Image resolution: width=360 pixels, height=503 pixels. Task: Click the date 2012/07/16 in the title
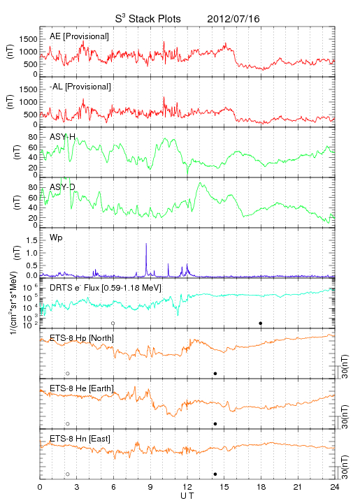tap(233, 19)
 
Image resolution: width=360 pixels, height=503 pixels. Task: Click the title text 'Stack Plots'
tap(154, 19)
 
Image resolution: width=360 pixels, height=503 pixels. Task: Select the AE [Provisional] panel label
tap(79, 36)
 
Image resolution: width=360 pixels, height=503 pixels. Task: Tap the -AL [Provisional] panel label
tap(80, 87)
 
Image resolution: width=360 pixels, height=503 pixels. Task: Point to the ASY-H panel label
tap(63, 137)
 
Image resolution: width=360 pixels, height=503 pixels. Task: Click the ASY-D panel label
tap(63, 187)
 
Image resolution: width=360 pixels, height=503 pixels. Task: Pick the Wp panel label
tap(56, 238)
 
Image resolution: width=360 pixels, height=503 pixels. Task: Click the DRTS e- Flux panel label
tap(106, 288)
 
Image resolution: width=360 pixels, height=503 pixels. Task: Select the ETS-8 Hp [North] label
tap(82, 338)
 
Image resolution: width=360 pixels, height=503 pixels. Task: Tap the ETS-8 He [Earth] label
tap(82, 388)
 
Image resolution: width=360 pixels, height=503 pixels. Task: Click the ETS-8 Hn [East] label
tap(80, 439)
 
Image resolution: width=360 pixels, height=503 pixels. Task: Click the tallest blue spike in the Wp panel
tap(146, 244)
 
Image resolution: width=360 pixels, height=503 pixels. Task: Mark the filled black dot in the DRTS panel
tap(261, 323)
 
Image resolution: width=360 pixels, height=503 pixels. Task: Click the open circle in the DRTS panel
tap(113, 323)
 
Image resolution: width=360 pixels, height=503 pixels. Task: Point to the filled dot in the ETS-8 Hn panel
tap(215, 474)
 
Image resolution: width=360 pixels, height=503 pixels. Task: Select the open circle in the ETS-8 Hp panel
tap(68, 374)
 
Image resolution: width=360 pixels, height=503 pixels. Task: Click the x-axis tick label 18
tap(261, 487)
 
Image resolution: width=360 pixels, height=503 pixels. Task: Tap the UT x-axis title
tap(187, 496)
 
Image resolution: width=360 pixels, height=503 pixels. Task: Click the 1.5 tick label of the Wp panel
tap(31, 240)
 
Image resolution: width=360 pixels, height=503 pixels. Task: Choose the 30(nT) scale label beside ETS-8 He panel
tap(345, 416)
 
